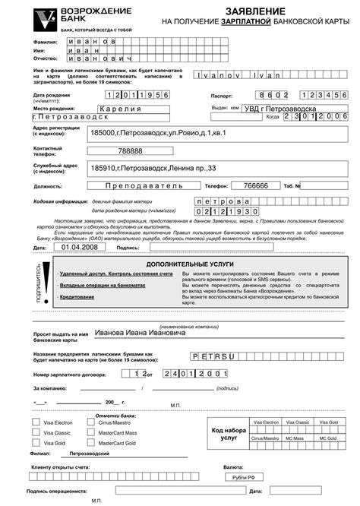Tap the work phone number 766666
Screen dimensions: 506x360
pos(254,185)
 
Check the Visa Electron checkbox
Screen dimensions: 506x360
pos(37,421)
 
